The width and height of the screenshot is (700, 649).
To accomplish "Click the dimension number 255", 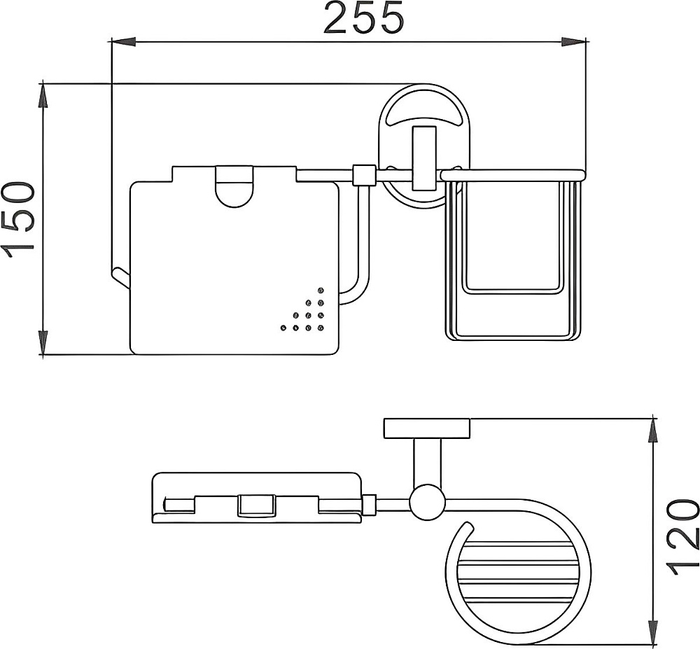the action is [364, 18].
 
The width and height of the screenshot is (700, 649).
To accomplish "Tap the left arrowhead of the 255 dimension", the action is [122, 42].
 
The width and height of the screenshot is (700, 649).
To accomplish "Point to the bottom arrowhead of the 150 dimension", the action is [43, 343].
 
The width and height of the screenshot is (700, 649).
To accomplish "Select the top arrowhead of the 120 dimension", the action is [653, 431].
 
